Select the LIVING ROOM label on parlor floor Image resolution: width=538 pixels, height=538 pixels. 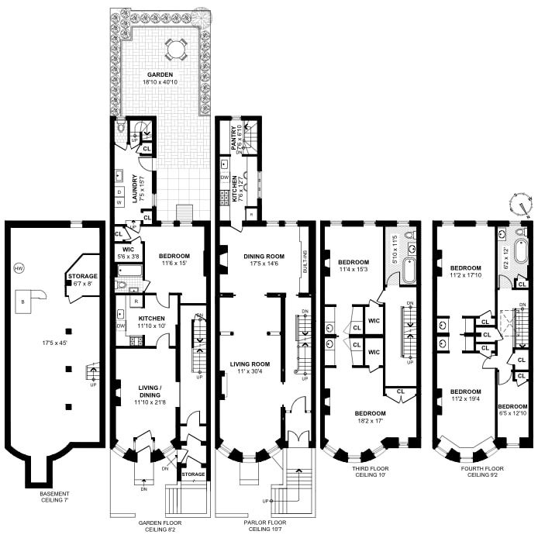coord(249,364)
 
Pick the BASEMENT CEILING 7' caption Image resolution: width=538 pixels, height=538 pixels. coord(55,498)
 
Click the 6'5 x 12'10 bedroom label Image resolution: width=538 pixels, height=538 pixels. coord(512,410)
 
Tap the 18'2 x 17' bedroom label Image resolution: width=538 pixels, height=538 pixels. coord(370,417)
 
